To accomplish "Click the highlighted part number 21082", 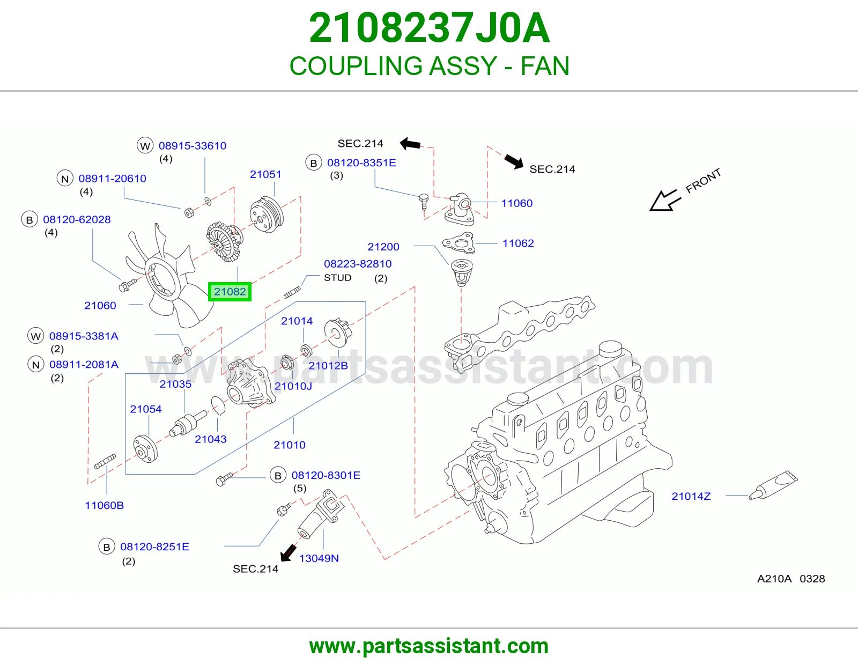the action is click(x=230, y=292).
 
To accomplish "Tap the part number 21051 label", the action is click(x=265, y=174).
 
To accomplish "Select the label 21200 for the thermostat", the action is click(x=383, y=247).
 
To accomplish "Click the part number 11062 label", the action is click(x=517, y=243).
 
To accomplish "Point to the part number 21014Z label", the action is click(x=691, y=497).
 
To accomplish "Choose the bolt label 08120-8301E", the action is click(x=326, y=476).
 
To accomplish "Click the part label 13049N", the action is click(x=319, y=558).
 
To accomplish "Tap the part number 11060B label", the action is click(x=104, y=506).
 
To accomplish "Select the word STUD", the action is click(x=338, y=278).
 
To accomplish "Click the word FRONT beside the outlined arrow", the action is click(x=703, y=181).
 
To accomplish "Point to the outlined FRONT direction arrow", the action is click(x=665, y=200).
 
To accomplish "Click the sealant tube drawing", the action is click(x=773, y=485).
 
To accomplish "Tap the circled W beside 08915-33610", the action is click(x=145, y=146).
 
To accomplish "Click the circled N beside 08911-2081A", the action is click(x=35, y=365).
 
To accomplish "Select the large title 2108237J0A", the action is click(x=429, y=28).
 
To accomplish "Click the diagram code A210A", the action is click(x=774, y=579).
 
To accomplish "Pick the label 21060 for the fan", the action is click(x=100, y=306).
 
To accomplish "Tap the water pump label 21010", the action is click(x=290, y=445).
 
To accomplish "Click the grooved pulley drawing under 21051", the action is click(x=267, y=215).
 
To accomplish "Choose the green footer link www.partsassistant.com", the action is click(x=429, y=646).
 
